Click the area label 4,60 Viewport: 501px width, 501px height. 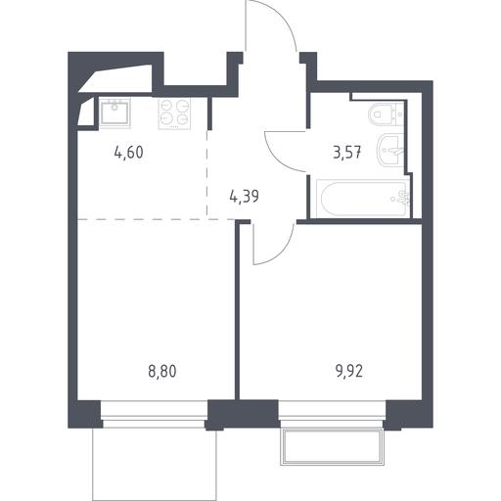pyautogui.click(x=129, y=153)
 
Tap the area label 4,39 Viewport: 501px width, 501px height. pyautogui.click(x=245, y=197)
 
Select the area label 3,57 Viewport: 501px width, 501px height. pyautogui.click(x=347, y=152)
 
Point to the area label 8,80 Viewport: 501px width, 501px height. pyautogui.click(x=162, y=371)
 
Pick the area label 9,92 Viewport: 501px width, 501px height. pyautogui.click(x=349, y=371)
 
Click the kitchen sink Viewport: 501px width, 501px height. pyautogui.click(x=114, y=113)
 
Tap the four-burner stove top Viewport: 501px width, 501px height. pyautogui.click(x=174, y=114)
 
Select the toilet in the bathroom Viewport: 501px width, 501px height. pyautogui.click(x=386, y=114)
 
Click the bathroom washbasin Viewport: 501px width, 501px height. pyautogui.click(x=390, y=151)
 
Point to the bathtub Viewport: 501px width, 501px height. pyautogui.click(x=363, y=199)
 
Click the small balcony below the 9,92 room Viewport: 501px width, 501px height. pyautogui.click(x=332, y=446)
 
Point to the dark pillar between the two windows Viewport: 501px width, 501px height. pyautogui.click(x=243, y=414)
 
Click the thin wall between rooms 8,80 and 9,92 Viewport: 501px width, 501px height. pyautogui.click(x=238, y=310)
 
